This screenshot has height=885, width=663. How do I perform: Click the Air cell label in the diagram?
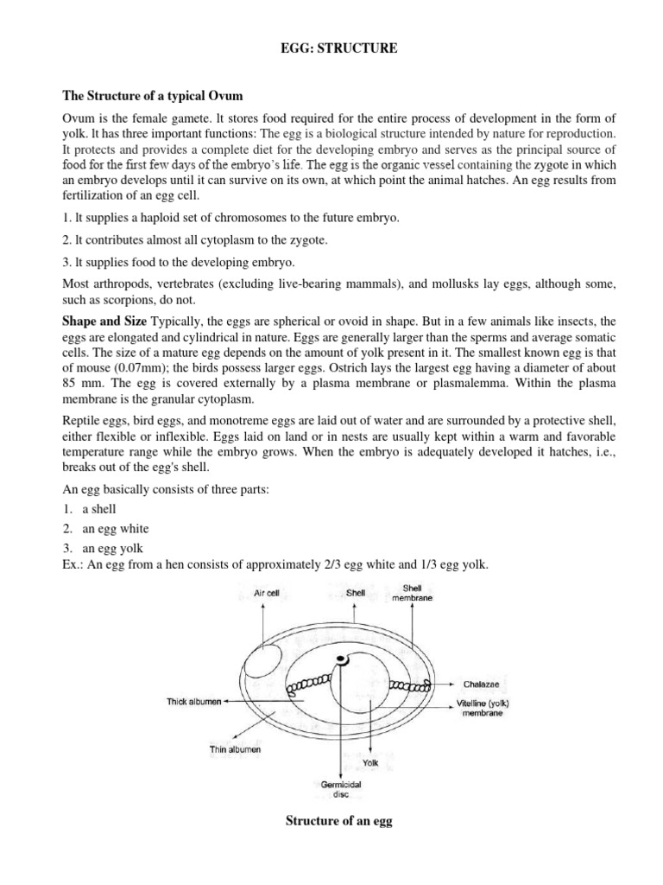256,594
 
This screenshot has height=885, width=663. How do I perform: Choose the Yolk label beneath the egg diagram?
370,763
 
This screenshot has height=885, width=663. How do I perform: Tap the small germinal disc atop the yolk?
343,661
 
